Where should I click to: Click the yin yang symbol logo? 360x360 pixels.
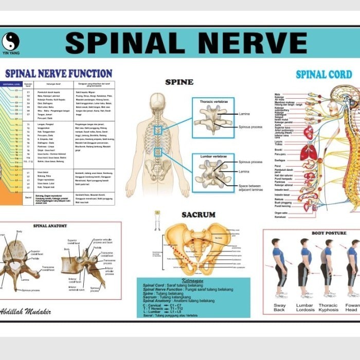[x=10, y=41]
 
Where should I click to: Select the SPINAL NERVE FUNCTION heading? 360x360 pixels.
[x=58, y=74]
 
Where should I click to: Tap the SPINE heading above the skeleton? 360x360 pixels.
[x=179, y=82]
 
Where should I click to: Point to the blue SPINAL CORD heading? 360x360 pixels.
[x=323, y=75]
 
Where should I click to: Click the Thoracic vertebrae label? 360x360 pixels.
[x=213, y=102]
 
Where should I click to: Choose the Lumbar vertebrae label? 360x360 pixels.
[x=212, y=156]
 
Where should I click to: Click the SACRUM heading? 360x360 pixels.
[x=197, y=214]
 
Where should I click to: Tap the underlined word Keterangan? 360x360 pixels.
[x=193, y=281]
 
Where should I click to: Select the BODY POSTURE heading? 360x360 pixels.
[x=329, y=233]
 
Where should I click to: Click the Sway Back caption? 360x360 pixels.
[x=279, y=308]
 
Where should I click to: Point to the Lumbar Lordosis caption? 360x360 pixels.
[x=304, y=308]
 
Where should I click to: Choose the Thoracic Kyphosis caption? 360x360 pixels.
[x=328, y=308]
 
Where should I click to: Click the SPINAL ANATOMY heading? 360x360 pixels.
[x=50, y=226]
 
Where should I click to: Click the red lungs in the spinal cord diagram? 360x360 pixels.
[x=309, y=152]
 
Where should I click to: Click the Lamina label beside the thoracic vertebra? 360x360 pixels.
[x=244, y=114]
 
